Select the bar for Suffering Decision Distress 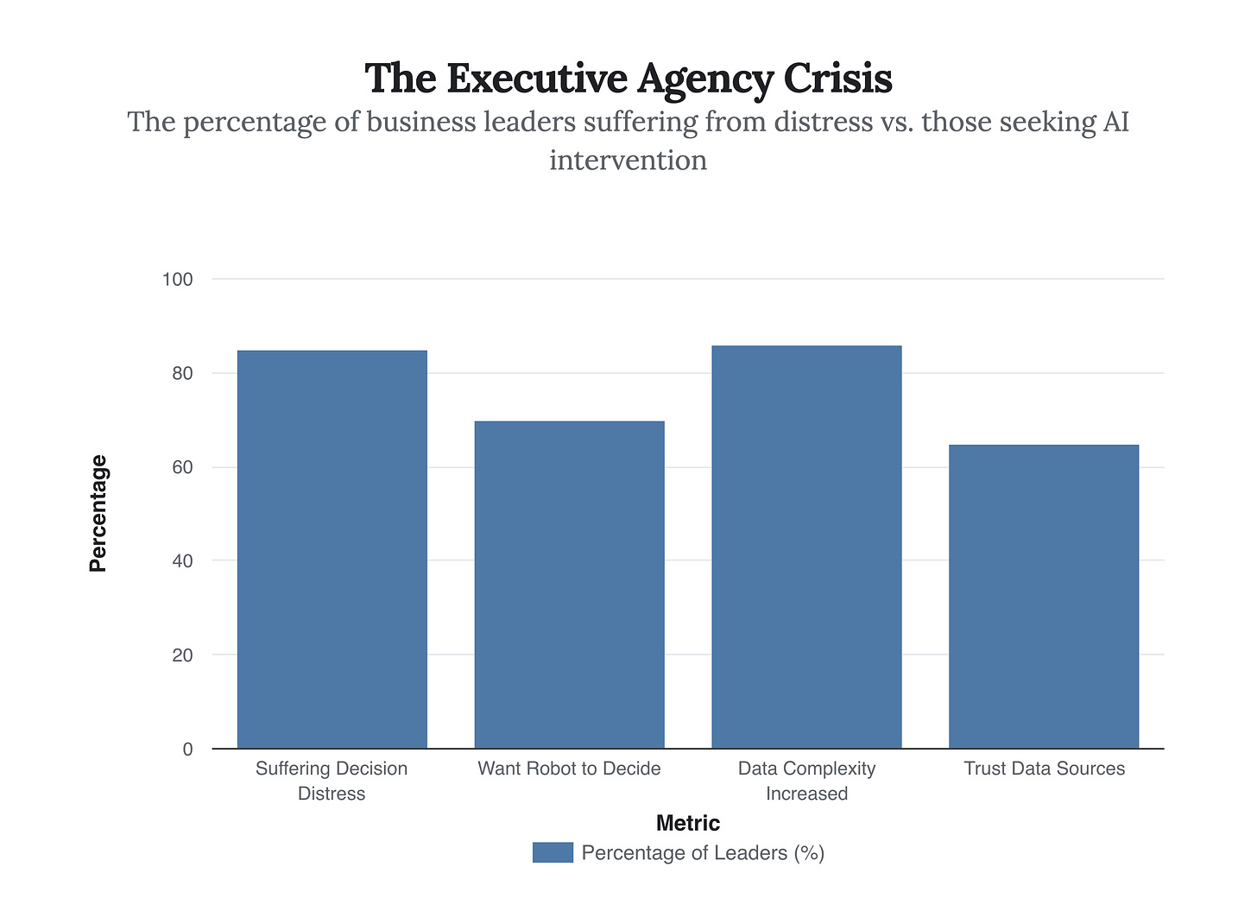(x=332, y=549)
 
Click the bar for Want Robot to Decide (x=569, y=585)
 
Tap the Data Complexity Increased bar (x=806, y=547)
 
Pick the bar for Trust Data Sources (x=1043, y=596)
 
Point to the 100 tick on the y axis (x=177, y=280)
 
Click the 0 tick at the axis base (x=187, y=750)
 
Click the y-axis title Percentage (x=98, y=514)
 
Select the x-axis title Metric (x=688, y=823)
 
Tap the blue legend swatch (x=553, y=852)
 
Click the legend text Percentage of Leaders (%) (x=703, y=853)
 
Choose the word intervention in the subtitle (x=628, y=160)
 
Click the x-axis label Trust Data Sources (x=1044, y=769)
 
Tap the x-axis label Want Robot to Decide (x=569, y=769)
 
